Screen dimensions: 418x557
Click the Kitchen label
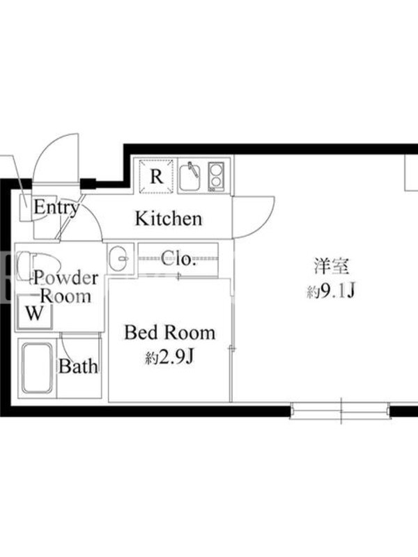pos(169,219)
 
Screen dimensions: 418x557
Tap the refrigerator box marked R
pos(156,177)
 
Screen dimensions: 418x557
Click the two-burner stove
pos(216,177)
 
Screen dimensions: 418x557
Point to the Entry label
pos(56,207)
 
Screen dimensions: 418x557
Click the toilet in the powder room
pos(38,265)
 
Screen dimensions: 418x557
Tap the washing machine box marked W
pos(35,313)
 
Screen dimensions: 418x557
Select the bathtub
pos(37,368)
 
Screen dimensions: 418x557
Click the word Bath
pos(78,366)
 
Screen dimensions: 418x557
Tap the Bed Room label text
pos(169,333)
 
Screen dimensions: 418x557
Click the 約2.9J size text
pos(169,357)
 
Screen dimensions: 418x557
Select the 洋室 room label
pos(332,267)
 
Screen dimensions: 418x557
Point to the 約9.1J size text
pos(331,291)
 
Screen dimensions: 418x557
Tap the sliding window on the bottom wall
pos(341,411)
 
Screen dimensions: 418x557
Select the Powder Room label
pos(65,287)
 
